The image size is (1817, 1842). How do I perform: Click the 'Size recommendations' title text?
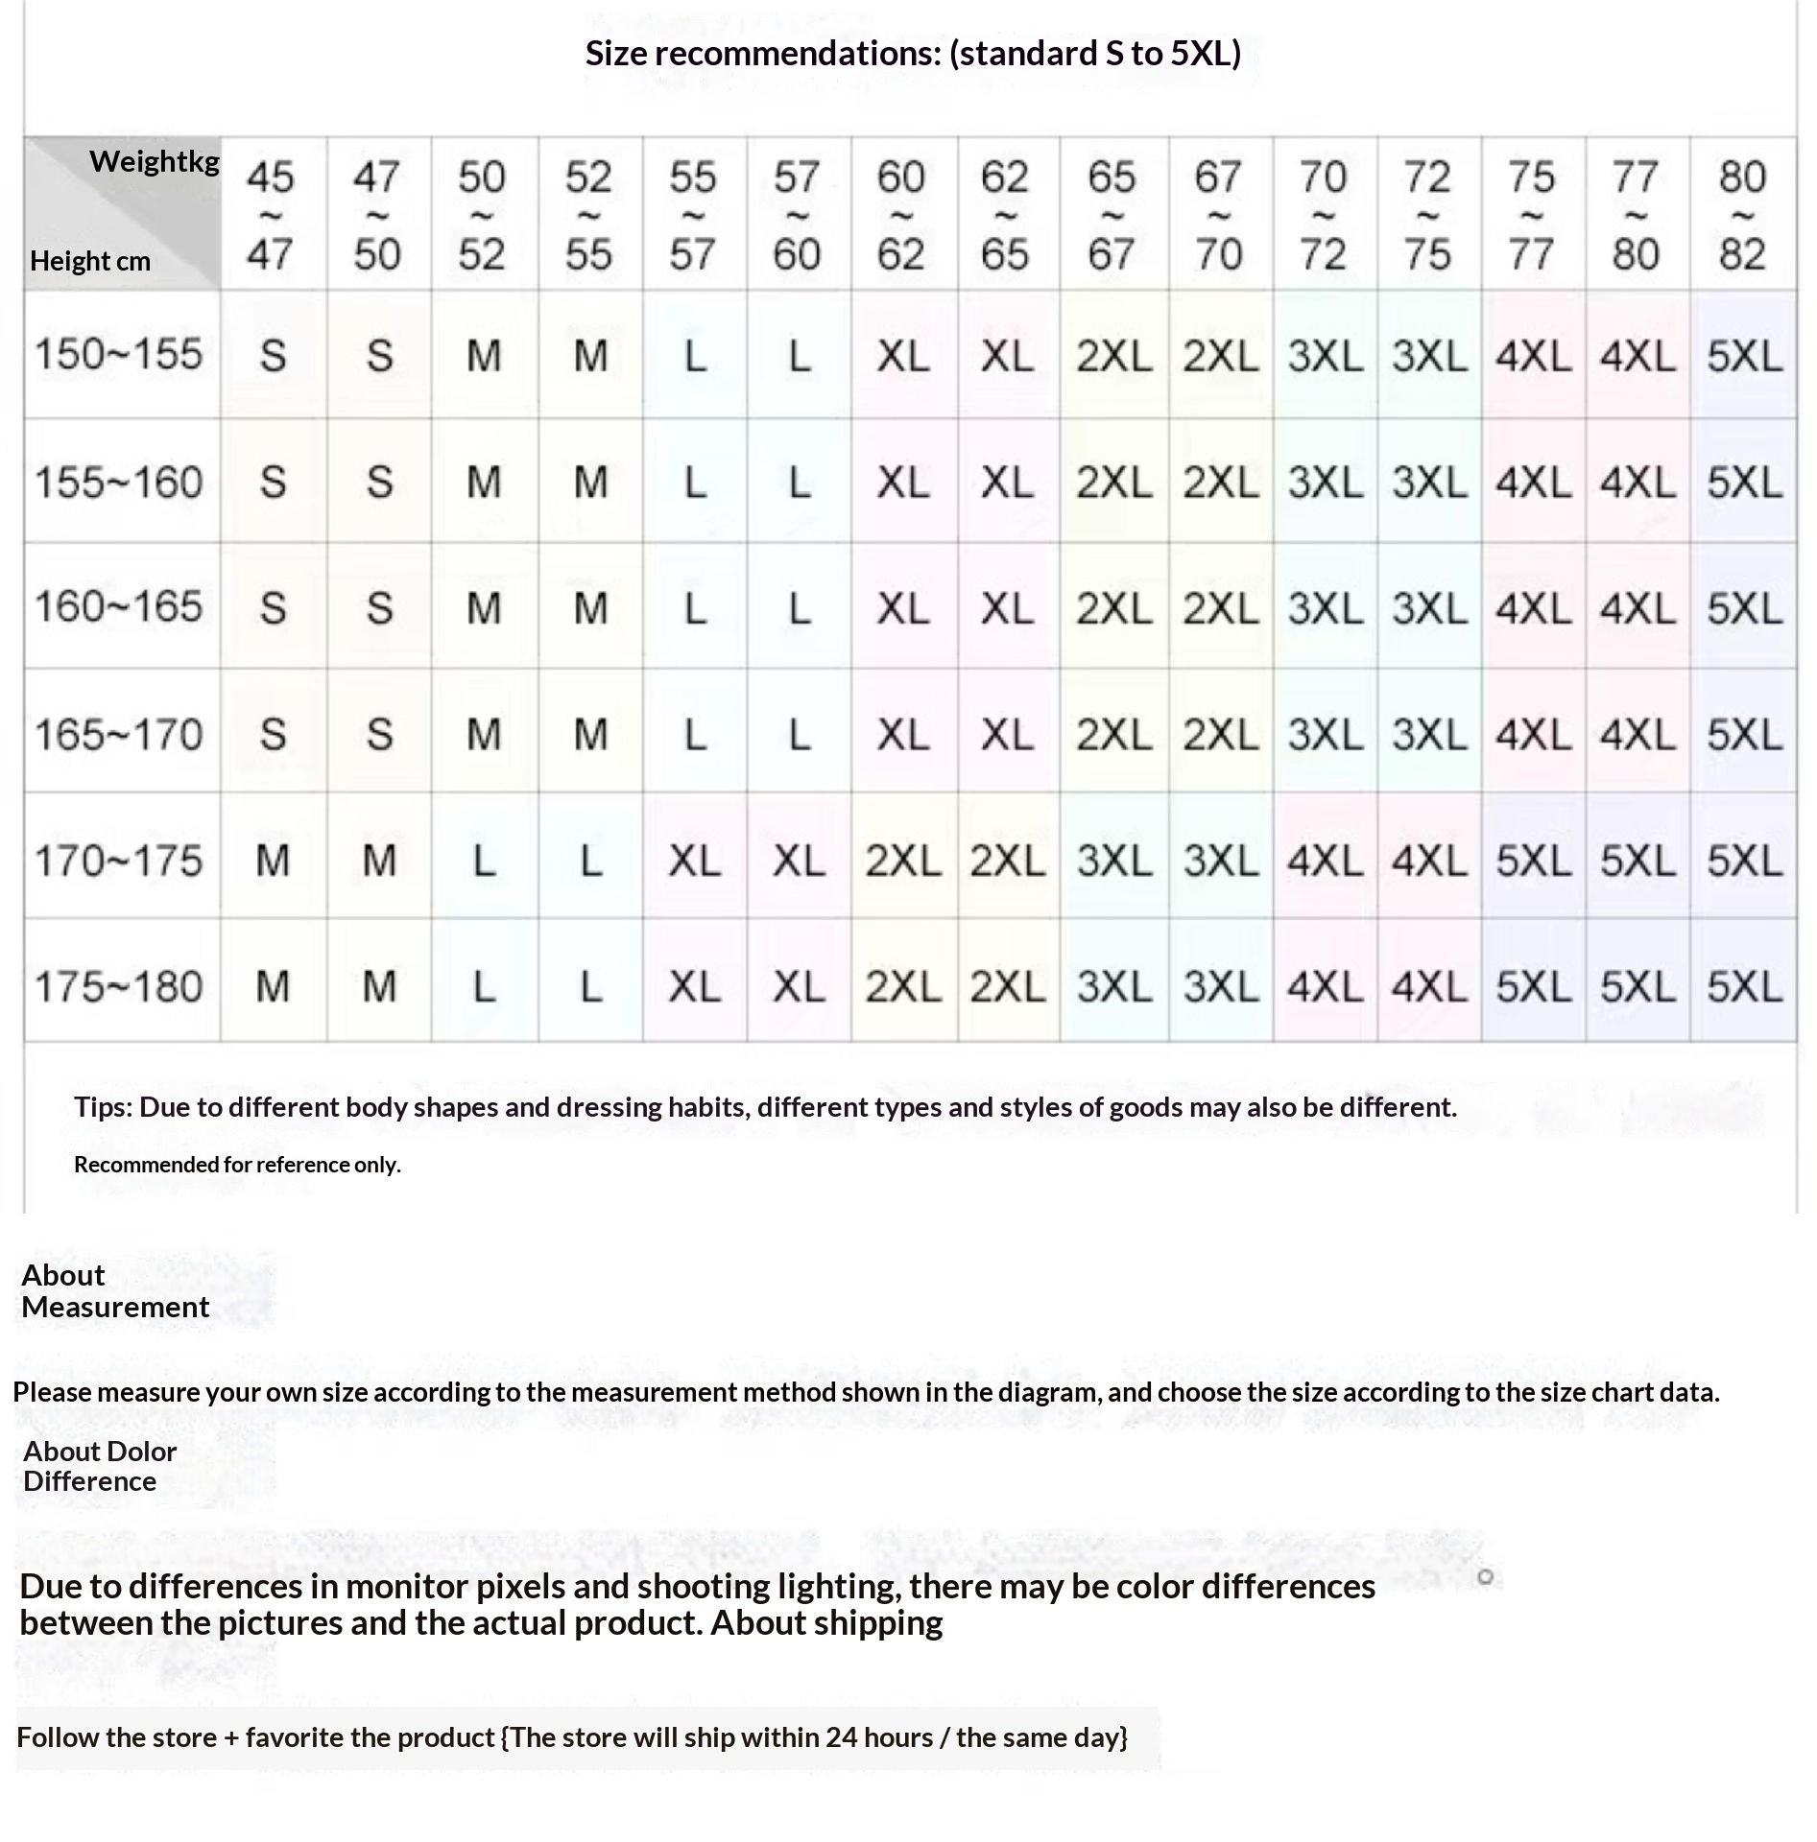pos(912,54)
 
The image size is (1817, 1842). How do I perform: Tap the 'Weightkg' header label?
pos(154,161)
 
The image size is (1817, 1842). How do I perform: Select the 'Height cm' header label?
pos(90,261)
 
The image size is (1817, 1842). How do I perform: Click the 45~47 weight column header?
pos(271,215)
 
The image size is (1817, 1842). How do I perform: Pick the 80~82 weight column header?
pos(1742,215)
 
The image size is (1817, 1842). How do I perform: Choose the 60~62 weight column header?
pos(901,215)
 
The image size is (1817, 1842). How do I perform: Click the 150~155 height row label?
pos(119,354)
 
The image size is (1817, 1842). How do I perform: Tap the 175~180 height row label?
pos(119,986)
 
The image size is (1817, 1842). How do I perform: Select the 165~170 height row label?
pos(119,735)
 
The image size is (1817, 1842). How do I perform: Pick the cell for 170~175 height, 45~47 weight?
pos(273,860)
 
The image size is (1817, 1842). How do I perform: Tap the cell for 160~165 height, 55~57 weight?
pos(695,608)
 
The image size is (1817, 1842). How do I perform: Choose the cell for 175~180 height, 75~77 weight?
pos(1533,986)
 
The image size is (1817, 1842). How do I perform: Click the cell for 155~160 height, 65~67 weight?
pos(1113,482)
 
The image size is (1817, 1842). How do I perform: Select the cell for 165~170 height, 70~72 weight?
pos(1325,735)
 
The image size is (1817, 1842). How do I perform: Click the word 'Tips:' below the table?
pos(104,1107)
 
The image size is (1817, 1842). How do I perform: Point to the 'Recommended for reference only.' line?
pos(237,1165)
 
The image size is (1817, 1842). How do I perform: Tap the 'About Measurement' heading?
pos(114,1290)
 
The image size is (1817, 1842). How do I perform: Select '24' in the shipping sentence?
pos(840,1737)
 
